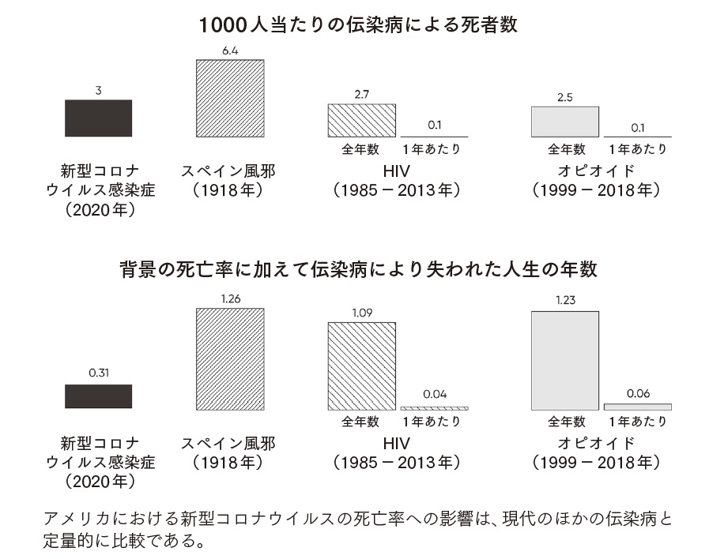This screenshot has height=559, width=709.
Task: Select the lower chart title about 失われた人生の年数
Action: click(358, 269)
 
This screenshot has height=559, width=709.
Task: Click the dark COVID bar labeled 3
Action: click(98, 118)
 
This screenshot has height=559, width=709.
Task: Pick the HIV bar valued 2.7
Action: click(361, 120)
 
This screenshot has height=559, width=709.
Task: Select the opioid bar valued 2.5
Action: click(565, 122)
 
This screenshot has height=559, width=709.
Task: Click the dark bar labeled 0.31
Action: click(98, 396)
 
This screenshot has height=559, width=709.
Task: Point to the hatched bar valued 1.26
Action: click(230, 358)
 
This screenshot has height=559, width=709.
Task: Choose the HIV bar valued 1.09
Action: click(361, 366)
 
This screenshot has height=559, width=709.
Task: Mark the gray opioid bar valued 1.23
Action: click(565, 360)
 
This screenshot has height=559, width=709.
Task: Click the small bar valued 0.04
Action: click(434, 407)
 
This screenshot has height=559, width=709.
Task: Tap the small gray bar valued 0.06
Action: click(637, 407)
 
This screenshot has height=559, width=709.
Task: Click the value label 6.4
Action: click(230, 51)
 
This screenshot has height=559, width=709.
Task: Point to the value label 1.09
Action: click(361, 313)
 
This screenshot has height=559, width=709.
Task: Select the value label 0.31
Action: click(98, 374)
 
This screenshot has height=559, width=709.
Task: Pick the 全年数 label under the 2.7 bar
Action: click(360, 149)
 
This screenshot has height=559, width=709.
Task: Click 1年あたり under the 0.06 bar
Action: click(637, 422)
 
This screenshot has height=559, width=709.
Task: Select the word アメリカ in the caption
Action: click(77, 521)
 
